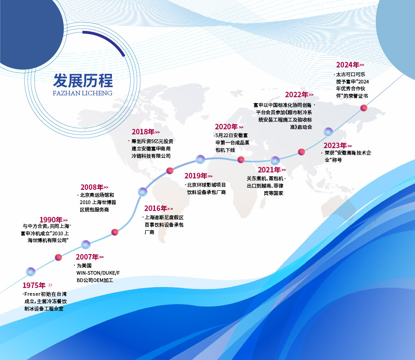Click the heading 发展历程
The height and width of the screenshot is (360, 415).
tap(83, 80)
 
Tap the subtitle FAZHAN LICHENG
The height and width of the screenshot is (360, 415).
tap(83, 93)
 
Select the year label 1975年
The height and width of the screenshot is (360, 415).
tap(34, 285)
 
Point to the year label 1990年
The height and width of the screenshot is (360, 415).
tap(51, 220)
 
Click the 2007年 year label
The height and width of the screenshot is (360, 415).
tap(87, 257)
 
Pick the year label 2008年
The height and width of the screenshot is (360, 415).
tap(92, 187)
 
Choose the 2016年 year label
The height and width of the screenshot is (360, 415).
tap(155, 208)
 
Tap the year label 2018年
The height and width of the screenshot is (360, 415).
tap(143, 132)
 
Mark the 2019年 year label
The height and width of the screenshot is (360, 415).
tap(196, 176)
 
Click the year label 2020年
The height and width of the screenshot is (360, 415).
tap(226, 127)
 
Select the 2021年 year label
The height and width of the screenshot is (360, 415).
tap(269, 170)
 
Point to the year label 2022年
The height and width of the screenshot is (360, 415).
tap(296, 94)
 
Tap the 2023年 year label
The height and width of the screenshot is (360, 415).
tap(335, 145)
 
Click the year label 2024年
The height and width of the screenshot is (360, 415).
tap(348, 65)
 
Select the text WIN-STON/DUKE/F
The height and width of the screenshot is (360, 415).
tap(98, 273)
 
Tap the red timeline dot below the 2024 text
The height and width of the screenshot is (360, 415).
tap(364, 108)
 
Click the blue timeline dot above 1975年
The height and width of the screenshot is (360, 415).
tap(31, 271)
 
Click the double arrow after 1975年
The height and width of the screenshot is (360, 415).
tap(50, 285)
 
